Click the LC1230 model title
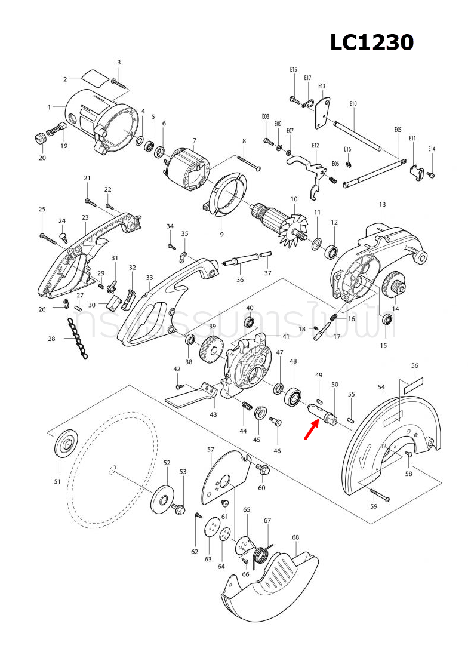point(372,43)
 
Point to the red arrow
point(310,430)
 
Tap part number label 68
point(295,537)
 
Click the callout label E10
point(353,104)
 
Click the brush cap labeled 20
point(40,139)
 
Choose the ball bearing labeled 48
point(294,396)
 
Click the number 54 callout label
point(381,387)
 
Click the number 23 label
point(85,218)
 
